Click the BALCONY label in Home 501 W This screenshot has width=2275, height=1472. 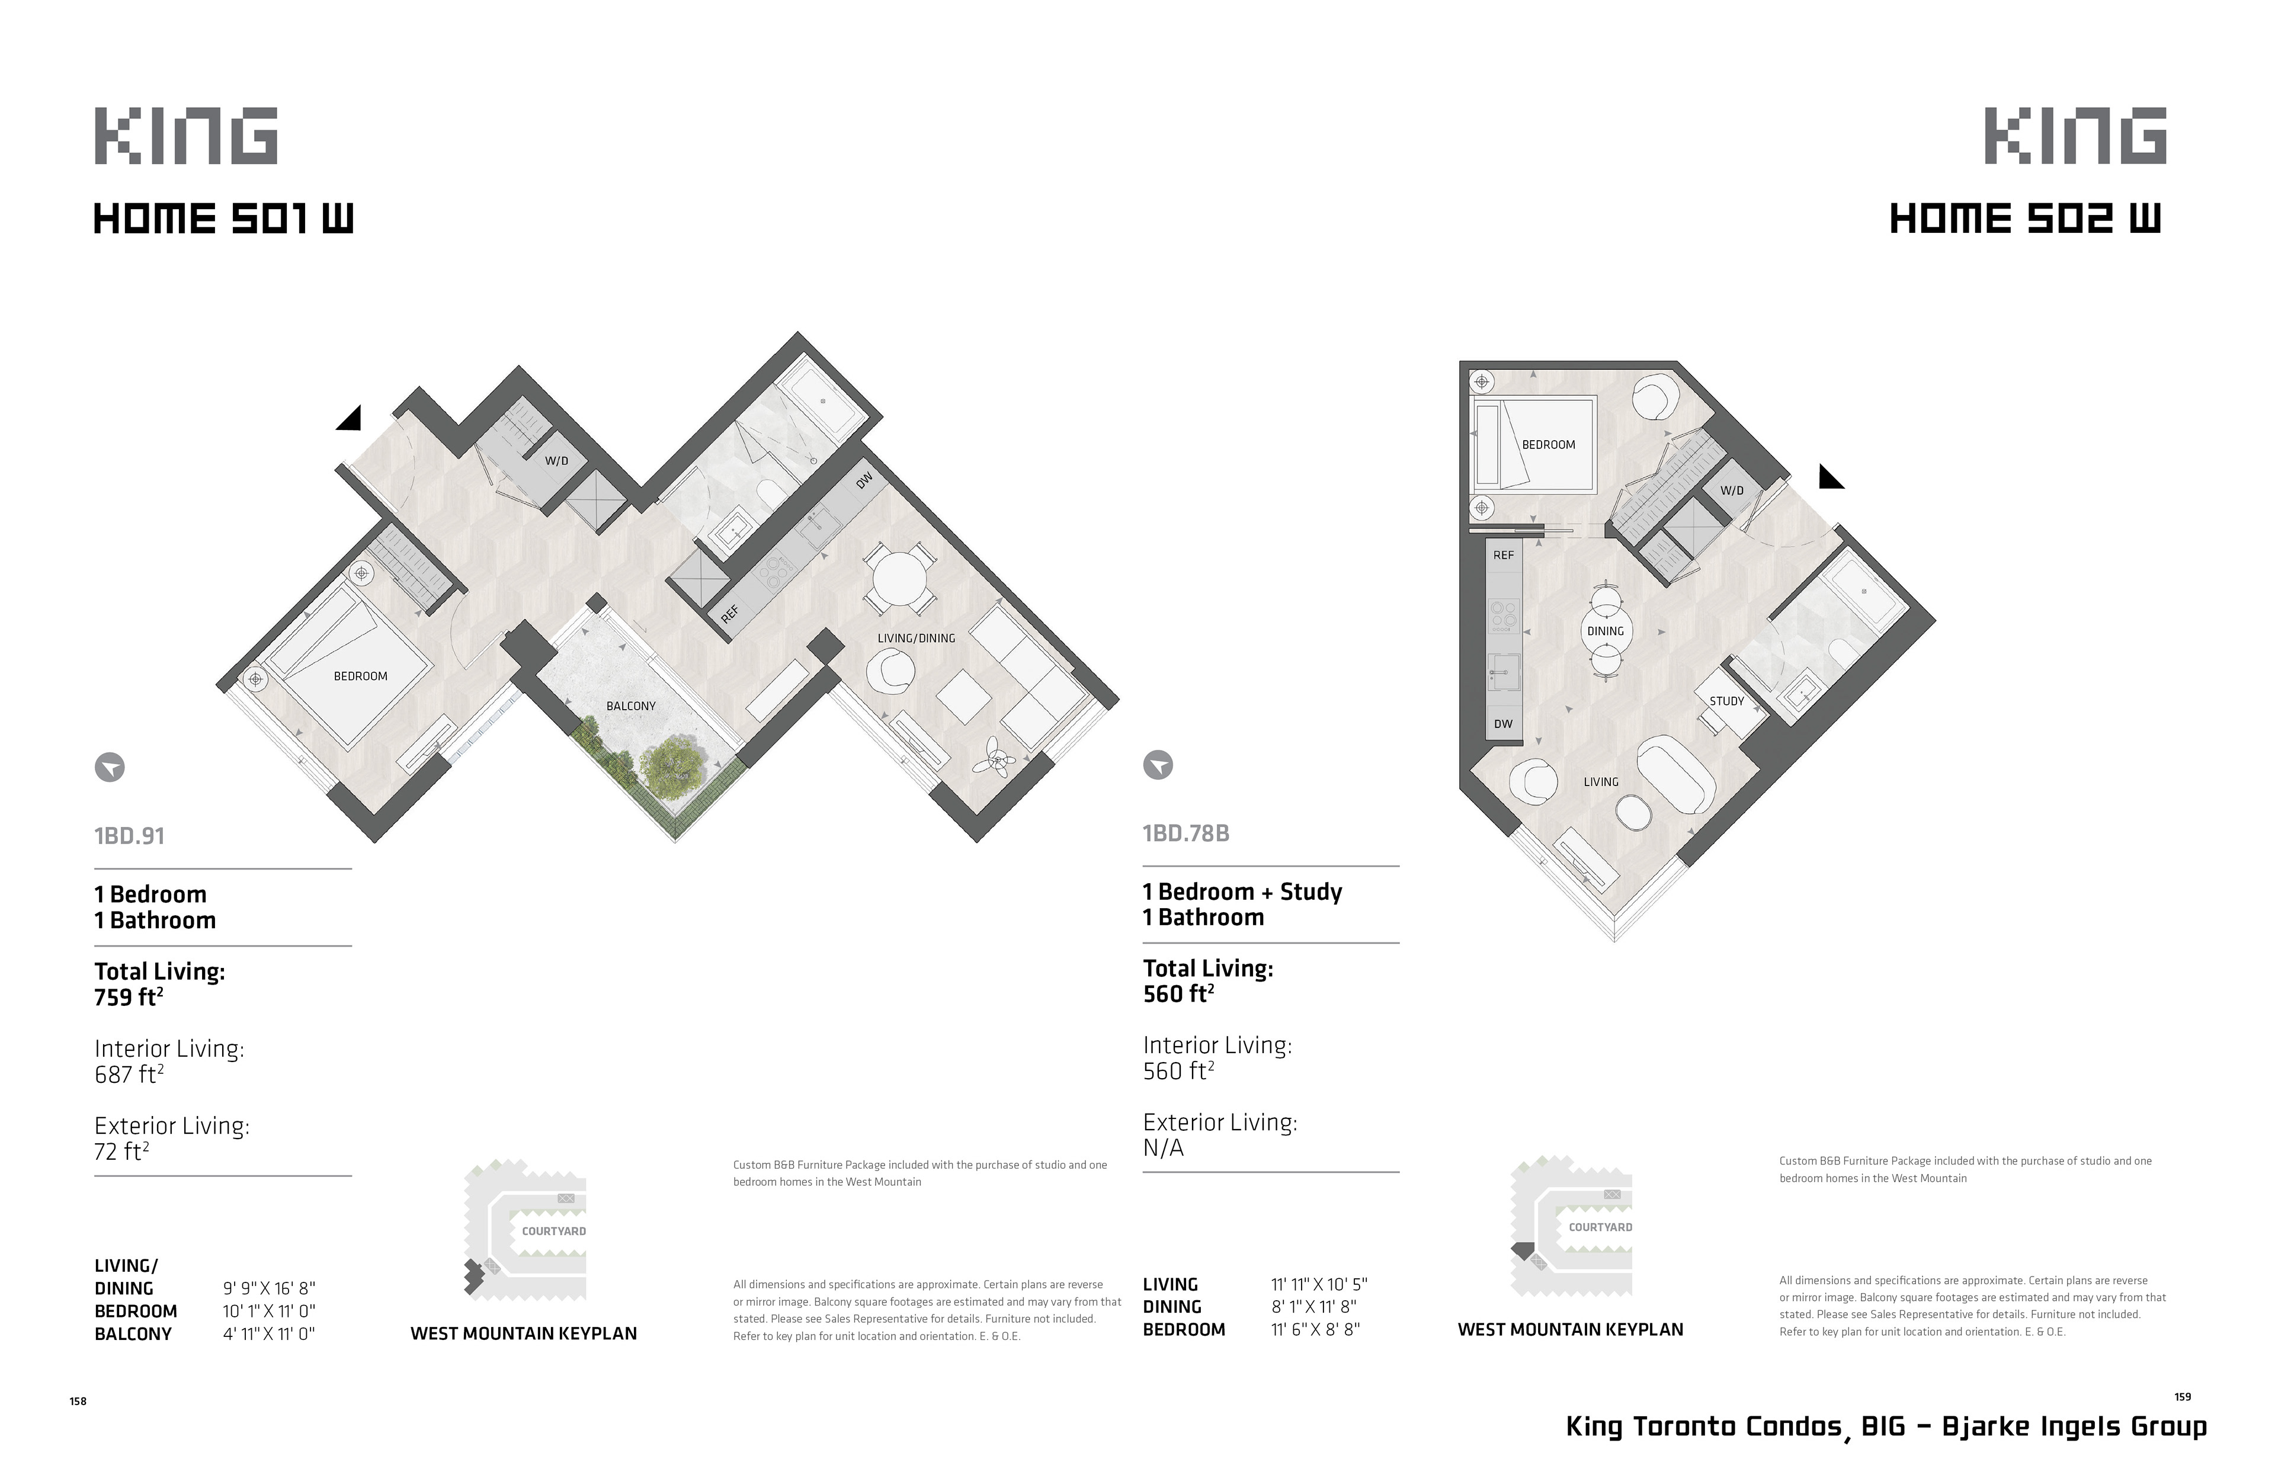[631, 706]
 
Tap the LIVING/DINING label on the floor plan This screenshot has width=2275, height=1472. [917, 639]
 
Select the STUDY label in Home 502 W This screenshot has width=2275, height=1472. [1726, 701]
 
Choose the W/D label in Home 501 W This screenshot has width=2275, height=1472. [556, 461]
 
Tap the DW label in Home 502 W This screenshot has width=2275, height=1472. [1504, 724]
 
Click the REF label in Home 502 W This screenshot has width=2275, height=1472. [1504, 556]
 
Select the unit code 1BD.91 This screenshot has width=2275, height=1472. [129, 836]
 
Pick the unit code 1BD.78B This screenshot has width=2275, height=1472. [1186, 833]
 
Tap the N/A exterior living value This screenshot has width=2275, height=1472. [1164, 1148]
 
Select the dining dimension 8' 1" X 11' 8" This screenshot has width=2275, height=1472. [1314, 1307]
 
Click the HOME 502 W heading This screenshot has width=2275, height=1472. [2024, 220]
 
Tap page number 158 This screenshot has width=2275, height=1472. [78, 1402]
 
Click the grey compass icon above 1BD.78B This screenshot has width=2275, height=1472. [1158, 765]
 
